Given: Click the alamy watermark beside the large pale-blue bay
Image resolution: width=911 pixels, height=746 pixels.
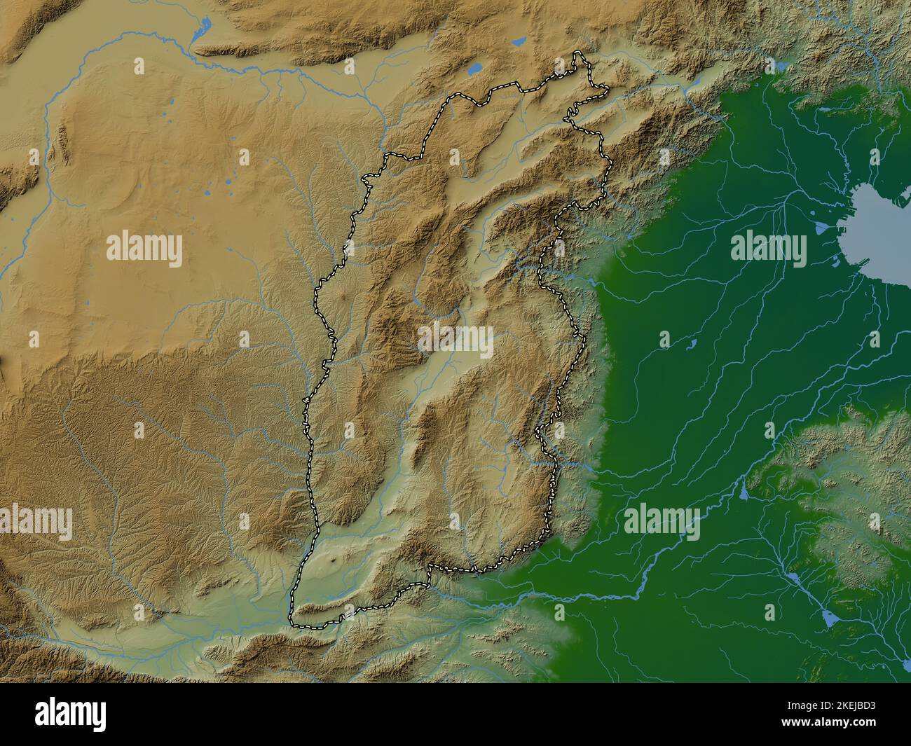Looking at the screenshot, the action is [x=769, y=249].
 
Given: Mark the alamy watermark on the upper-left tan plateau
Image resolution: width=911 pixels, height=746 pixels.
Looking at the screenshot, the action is [x=144, y=249].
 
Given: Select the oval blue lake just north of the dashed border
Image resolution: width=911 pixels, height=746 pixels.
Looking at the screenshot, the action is [x=475, y=69].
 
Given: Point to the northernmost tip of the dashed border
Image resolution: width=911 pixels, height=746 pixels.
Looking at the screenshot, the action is [x=579, y=53].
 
